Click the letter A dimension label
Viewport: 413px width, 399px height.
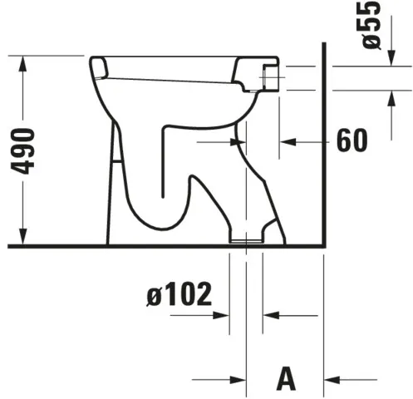(286, 378)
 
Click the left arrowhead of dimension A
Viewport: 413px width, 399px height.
(239, 378)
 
